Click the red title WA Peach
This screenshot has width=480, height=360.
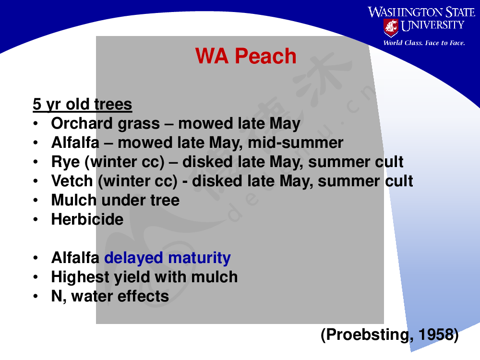(x=246, y=56)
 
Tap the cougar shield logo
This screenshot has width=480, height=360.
(x=391, y=28)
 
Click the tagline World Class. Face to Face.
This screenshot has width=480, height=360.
(x=424, y=43)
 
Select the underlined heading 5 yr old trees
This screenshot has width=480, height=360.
(x=83, y=104)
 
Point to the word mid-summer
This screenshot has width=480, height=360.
(x=295, y=143)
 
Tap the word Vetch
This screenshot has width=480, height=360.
(x=72, y=181)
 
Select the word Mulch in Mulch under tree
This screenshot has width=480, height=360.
(x=74, y=200)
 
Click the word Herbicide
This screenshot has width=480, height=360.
(x=87, y=219)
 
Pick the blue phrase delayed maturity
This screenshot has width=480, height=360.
(x=168, y=258)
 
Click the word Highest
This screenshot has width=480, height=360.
(x=80, y=277)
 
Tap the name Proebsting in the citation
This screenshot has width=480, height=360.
(x=367, y=335)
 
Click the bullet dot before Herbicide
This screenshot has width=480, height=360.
(x=36, y=219)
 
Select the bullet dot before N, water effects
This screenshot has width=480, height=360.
(x=36, y=296)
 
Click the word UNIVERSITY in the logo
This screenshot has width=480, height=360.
(x=432, y=25)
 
